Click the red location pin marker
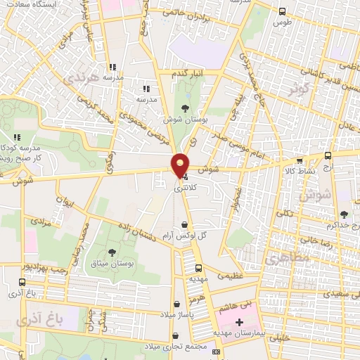(x=181, y=165)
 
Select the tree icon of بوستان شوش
(x=185, y=108)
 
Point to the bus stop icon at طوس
(x=282, y=11)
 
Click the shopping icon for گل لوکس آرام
(x=184, y=225)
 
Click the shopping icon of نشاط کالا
(x=299, y=160)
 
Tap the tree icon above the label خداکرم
(x=343, y=214)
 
